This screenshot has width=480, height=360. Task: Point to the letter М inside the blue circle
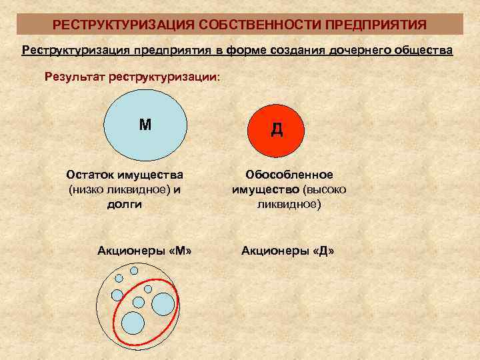coord(145,124)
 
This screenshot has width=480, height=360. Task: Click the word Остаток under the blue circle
coord(90,175)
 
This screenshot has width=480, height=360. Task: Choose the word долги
coord(124,204)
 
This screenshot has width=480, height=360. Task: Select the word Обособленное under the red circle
coord(289,175)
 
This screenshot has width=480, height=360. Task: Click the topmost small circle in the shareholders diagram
coord(134,271)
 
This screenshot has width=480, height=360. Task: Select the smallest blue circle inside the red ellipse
coord(149,289)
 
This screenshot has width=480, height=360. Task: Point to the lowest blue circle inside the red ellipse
coord(133,322)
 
